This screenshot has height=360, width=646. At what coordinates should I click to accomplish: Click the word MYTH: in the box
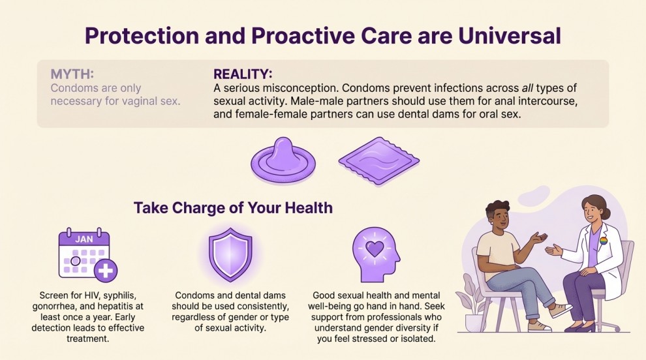tap(73, 74)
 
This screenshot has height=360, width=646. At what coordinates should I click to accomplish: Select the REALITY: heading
tap(243, 74)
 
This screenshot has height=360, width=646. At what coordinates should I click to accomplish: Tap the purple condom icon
tap(284, 160)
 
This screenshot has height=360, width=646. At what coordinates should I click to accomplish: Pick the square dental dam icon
tap(378, 160)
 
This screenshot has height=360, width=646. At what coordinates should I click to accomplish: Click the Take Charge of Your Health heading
tap(233, 207)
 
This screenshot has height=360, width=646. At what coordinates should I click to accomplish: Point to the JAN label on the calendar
tap(84, 239)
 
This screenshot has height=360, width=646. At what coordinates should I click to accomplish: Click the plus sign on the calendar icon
tap(105, 269)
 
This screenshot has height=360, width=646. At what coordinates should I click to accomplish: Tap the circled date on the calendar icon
tap(76, 262)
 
